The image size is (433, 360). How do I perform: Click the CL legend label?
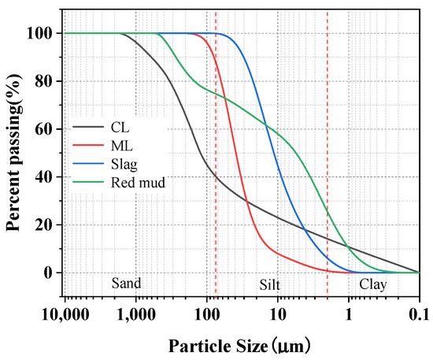(x=120, y=128)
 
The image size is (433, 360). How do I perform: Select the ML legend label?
(x=122, y=146)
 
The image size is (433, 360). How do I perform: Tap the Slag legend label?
(x=124, y=164)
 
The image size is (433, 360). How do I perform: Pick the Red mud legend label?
(x=138, y=182)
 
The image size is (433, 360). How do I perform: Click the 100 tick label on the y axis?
(x=39, y=33)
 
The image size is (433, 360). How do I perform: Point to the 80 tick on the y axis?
(x=43, y=81)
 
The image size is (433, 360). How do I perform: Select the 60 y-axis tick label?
(x=43, y=129)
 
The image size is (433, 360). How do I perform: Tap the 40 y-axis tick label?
(x=43, y=176)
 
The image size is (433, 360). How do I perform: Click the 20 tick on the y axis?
(x=43, y=225)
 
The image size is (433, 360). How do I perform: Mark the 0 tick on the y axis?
(x=48, y=273)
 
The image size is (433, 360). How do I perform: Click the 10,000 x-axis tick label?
(x=65, y=314)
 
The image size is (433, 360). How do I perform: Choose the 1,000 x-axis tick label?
(x=136, y=314)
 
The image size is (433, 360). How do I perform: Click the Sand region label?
(x=126, y=283)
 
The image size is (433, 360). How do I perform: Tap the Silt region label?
(x=269, y=285)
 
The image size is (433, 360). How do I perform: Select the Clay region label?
(x=373, y=285)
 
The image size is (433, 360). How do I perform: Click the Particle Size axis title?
(x=239, y=346)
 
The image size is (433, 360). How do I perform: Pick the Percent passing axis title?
(x=13, y=153)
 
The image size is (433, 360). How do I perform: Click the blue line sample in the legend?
(x=88, y=164)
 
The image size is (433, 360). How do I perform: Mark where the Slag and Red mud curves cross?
(x=265, y=125)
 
